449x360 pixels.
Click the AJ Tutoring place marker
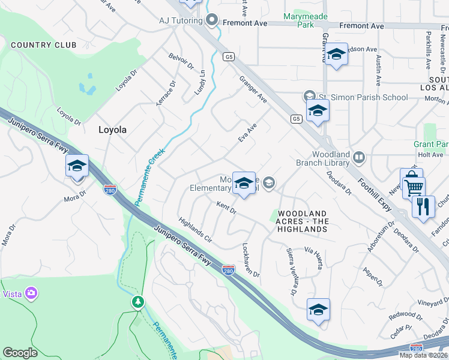[x=211, y=20]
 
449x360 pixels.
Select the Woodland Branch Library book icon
[x=359, y=157]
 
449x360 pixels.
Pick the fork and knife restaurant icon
[x=424, y=207]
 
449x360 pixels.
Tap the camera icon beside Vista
[x=31, y=294]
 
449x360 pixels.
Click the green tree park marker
[x=139, y=301]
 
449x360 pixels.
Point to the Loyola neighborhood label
[x=112, y=129]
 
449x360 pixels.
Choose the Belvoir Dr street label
[x=181, y=61]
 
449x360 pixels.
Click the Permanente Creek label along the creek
[x=148, y=178]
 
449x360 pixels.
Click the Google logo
[x=20, y=353]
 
